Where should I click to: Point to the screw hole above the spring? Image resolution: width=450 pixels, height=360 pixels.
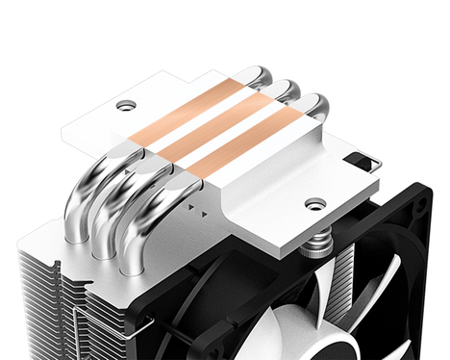coord(315,203)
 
